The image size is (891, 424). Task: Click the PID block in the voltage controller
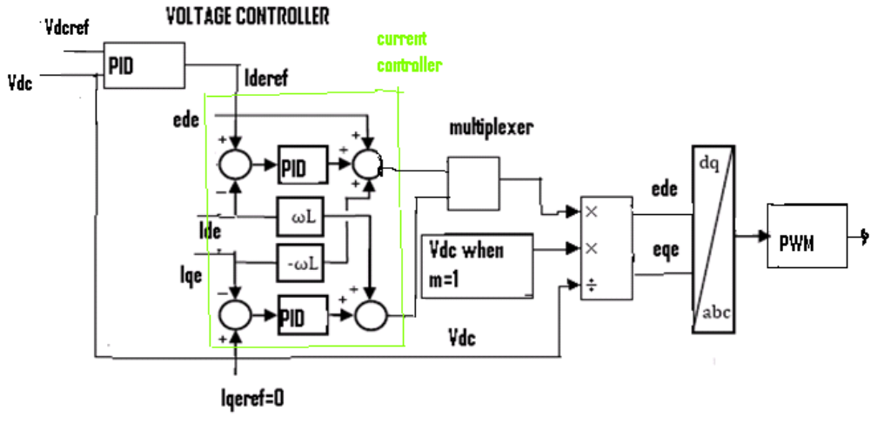pos(144,66)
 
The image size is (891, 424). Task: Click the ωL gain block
pos(298,216)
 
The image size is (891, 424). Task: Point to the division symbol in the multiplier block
pos(593,285)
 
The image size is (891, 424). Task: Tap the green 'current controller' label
pos(408,52)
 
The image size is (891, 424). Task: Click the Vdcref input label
pos(65,27)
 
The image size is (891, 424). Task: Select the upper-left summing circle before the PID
pos(235,164)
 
